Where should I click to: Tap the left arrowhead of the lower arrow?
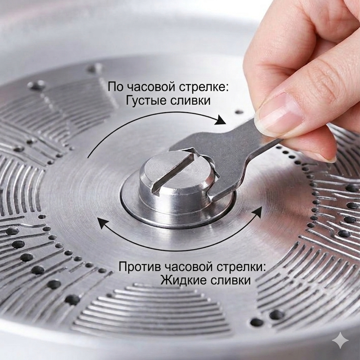pos(103,223)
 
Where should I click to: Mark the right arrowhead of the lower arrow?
pos(257,211)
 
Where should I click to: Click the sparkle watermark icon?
pos(340,340)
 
